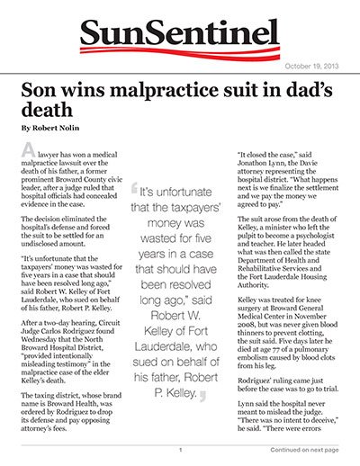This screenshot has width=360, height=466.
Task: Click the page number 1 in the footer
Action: (x=180, y=449)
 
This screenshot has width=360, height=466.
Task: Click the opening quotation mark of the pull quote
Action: (x=135, y=192)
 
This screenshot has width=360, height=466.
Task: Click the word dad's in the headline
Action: (x=310, y=92)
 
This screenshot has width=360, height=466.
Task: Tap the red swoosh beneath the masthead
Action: (x=180, y=50)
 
